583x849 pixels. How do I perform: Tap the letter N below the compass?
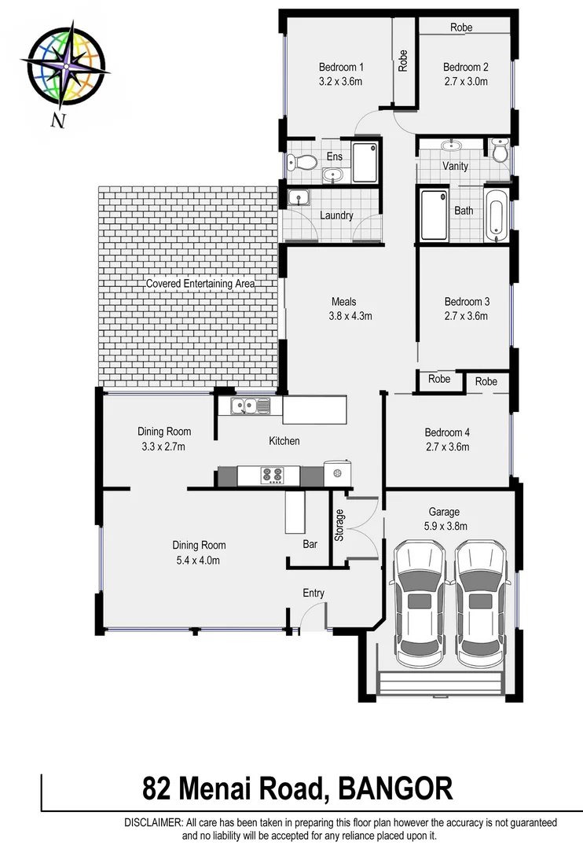[57, 120]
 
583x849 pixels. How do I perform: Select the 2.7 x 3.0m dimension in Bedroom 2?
[465, 81]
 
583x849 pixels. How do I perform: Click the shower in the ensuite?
[364, 163]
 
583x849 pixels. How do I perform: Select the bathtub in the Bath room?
[495, 215]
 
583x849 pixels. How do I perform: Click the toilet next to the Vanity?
[499, 151]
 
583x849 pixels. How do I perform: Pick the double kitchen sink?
[251, 406]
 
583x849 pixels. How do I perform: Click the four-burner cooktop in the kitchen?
[273, 475]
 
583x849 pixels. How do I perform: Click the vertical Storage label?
[339, 526]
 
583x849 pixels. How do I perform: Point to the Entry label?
[313, 593]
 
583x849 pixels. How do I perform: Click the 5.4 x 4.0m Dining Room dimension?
[198, 560]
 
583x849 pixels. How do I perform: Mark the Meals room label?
[343, 302]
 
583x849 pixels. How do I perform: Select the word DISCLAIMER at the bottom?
[153, 822]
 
